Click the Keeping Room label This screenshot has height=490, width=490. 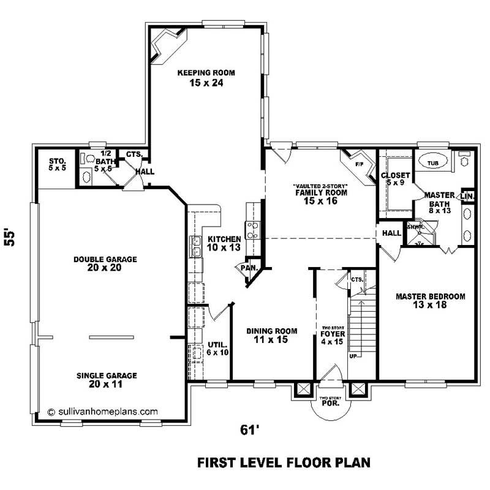point(206,77)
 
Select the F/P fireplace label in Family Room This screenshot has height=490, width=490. point(358,164)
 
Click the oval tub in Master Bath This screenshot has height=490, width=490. point(432,163)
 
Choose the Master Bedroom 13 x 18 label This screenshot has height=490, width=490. point(430,301)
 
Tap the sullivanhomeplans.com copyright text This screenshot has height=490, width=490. point(102,412)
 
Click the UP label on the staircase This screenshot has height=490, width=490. point(352,355)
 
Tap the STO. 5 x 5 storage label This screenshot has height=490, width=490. point(58,164)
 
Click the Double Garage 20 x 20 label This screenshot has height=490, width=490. point(105,263)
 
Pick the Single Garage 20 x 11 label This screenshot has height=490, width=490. point(107,380)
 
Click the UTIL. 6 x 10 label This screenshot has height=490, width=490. point(217,348)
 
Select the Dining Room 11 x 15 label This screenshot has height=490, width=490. point(271,335)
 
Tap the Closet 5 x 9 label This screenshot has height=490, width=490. point(395,179)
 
